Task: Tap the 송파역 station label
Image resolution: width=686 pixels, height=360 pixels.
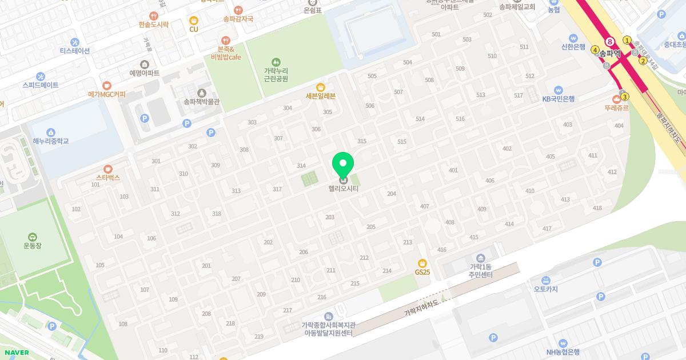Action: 610,50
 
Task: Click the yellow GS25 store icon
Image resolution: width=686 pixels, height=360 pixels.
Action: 422,263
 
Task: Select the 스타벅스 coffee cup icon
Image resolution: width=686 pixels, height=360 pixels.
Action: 107,169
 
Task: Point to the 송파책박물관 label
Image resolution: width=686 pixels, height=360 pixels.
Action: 201,102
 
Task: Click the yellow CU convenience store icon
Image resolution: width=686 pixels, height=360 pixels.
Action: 193,21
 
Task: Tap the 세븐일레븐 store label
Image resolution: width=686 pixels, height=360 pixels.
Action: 320,96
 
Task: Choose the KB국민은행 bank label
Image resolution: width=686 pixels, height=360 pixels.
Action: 558,99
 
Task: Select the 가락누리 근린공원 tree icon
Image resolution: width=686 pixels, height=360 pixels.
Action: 276,61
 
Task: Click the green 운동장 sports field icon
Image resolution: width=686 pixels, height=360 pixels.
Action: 32,237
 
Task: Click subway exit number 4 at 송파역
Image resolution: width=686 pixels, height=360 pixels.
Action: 595,50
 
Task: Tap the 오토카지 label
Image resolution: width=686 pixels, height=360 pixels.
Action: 545,289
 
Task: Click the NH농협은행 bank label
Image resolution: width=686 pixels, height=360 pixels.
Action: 563,352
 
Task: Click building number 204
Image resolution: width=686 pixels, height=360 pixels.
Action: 392,194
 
